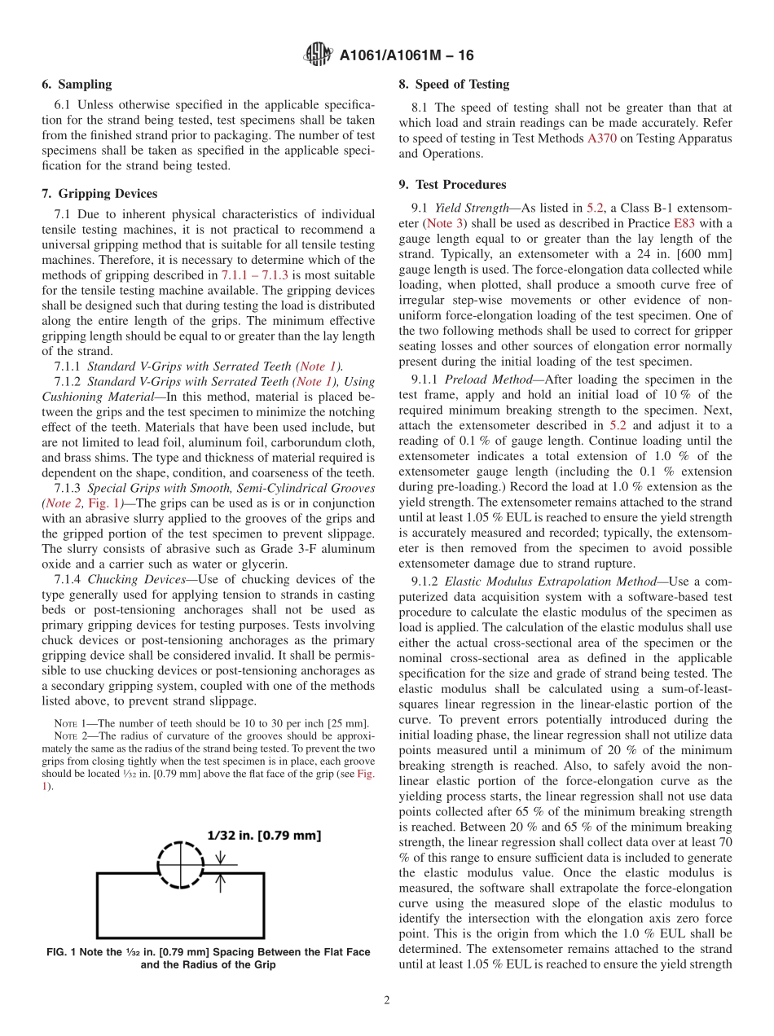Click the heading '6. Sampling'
[77, 85]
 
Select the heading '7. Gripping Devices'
[99, 194]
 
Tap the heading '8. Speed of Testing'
[454, 85]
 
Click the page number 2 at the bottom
[387, 1000]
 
